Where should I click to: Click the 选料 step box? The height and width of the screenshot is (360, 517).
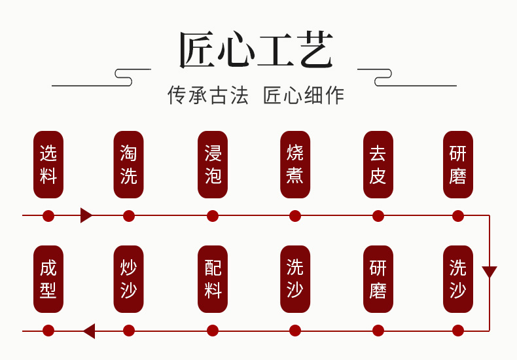click(48, 165)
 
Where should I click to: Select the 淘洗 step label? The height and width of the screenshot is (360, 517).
click(128, 165)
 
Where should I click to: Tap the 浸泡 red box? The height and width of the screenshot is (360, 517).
click(213, 165)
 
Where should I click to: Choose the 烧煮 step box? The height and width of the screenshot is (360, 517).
click(295, 165)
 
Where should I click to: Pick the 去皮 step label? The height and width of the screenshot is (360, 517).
click(378, 165)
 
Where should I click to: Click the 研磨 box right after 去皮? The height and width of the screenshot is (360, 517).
click(458, 165)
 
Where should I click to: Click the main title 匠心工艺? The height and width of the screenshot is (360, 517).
click(257, 50)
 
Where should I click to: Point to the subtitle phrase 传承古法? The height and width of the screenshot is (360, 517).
click(208, 96)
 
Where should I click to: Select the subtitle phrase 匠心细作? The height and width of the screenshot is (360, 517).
click(304, 96)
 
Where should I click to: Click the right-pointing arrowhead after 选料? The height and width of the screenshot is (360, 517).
click(86, 215)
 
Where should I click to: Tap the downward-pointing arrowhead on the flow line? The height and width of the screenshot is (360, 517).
click(490, 272)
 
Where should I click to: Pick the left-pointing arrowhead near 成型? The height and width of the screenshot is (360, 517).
click(89, 331)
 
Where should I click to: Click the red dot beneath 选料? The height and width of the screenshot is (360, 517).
click(48, 216)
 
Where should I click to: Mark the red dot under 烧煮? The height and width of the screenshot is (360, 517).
click(295, 216)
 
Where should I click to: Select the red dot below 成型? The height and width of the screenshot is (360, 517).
click(48, 331)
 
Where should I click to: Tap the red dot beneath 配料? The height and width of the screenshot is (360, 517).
click(213, 331)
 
